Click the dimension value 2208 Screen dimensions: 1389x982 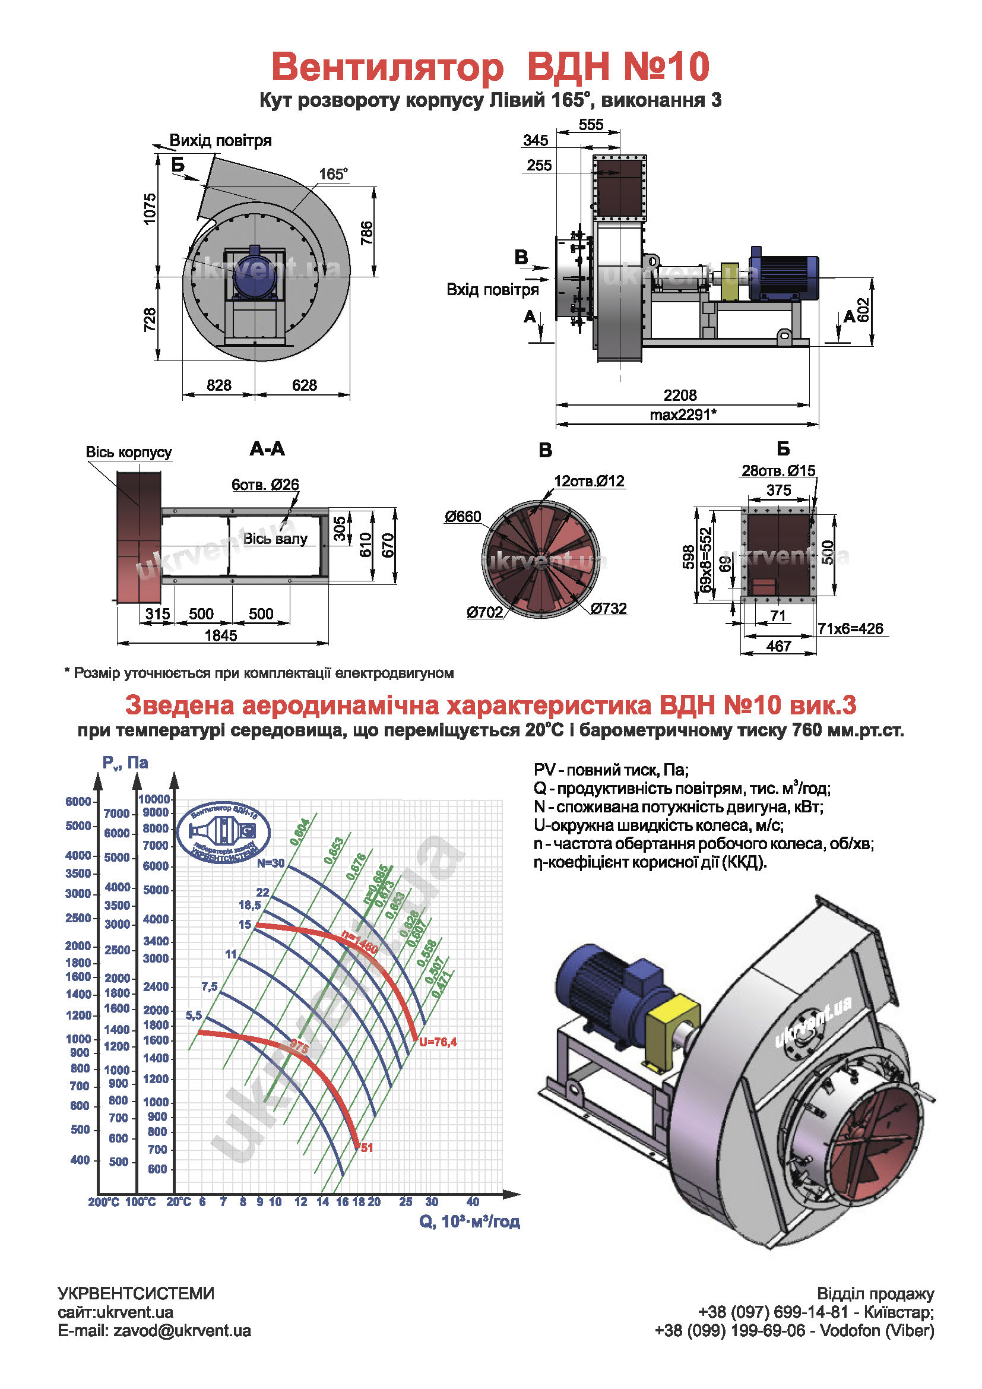click(680, 395)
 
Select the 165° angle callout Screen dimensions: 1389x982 click(333, 174)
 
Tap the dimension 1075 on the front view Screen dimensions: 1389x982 click(150, 208)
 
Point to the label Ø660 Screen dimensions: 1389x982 click(463, 516)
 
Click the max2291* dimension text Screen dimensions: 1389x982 click(683, 415)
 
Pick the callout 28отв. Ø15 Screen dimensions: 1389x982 click(778, 470)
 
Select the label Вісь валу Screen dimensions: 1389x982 click(275, 539)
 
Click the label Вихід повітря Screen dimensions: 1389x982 click(220, 140)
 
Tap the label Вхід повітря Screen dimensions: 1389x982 click(492, 289)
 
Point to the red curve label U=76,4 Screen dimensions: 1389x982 click(438, 1042)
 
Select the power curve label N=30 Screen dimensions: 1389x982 click(270, 863)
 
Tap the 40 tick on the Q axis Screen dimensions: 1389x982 click(472, 1201)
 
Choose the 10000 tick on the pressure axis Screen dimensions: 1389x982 click(154, 799)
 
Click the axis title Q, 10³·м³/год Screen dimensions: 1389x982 click(469, 1222)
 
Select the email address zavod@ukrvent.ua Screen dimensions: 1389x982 click(182, 1331)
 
